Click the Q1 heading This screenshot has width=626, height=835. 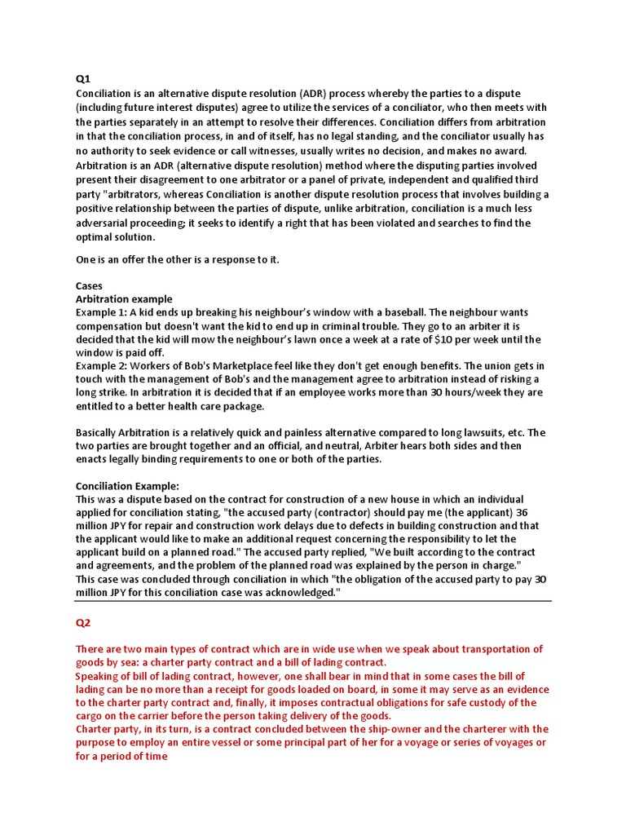(x=82, y=79)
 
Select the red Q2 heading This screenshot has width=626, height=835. (x=83, y=623)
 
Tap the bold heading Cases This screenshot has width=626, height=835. (x=90, y=286)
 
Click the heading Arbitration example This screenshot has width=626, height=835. (x=124, y=299)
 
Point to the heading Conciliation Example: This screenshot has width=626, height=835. (x=127, y=486)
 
